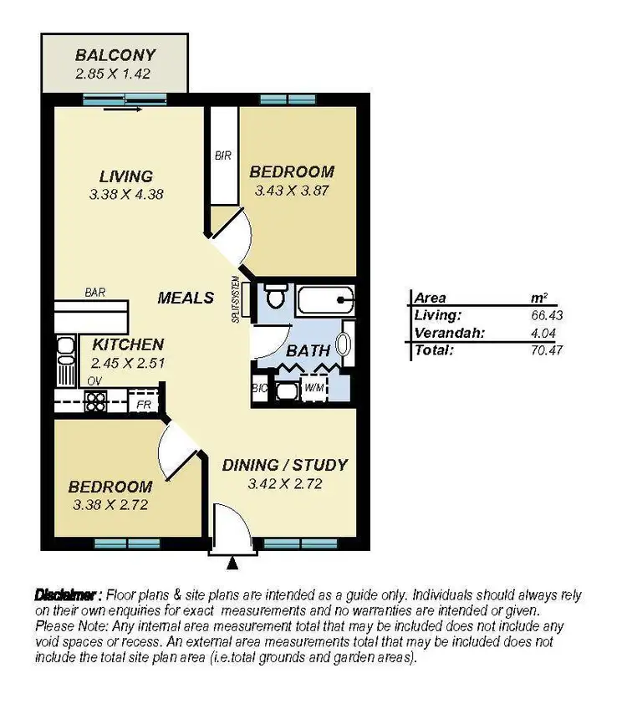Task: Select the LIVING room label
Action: (x=126, y=176)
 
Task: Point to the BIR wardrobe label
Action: (x=222, y=156)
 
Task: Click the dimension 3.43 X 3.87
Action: (x=292, y=190)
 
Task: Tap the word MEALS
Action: (x=186, y=298)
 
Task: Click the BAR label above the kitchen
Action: (x=94, y=293)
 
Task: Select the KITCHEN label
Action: (x=128, y=344)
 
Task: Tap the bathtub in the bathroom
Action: (x=324, y=298)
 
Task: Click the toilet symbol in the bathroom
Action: (x=275, y=298)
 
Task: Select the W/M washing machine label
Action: (x=313, y=390)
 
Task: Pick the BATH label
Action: (x=308, y=351)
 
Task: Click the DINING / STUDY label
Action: (x=285, y=465)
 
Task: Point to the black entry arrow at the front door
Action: (x=233, y=565)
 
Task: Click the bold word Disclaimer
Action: (x=68, y=595)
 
